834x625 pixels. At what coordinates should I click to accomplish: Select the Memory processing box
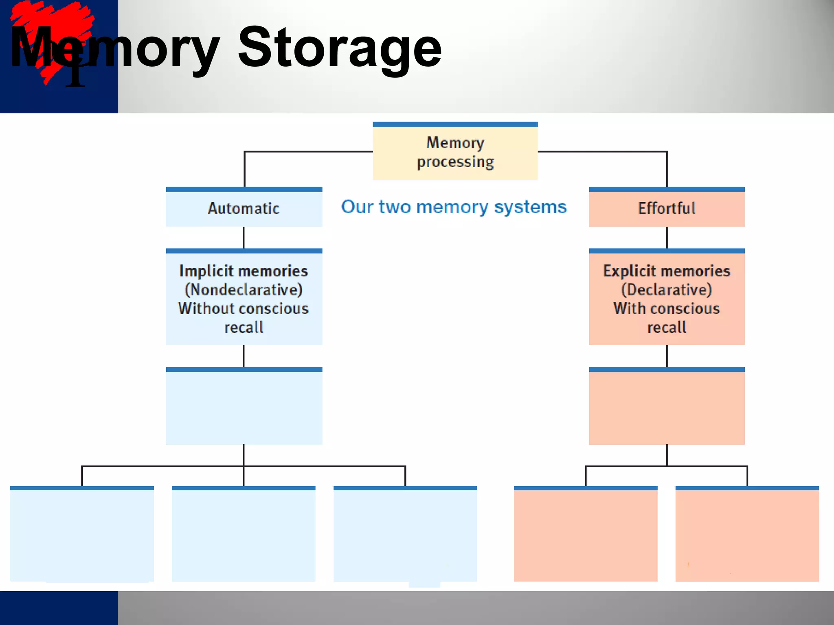click(x=455, y=152)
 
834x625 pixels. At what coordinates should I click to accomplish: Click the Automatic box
click(x=244, y=208)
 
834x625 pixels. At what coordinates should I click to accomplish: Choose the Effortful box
click(x=666, y=208)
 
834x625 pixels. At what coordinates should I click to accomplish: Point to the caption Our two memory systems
click(x=454, y=207)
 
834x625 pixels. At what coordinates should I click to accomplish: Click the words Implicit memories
click(x=244, y=271)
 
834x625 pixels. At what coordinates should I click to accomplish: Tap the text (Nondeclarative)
click(x=244, y=290)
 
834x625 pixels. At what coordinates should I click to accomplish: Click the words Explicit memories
click(x=666, y=271)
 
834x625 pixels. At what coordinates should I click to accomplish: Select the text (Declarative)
click(x=666, y=290)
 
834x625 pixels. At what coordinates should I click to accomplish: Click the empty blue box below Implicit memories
click(x=244, y=407)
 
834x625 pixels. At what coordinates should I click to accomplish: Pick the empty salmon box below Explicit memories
click(x=666, y=407)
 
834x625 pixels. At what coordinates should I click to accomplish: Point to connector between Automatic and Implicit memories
click(x=244, y=237)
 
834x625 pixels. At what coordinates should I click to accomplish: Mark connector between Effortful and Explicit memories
click(x=667, y=237)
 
